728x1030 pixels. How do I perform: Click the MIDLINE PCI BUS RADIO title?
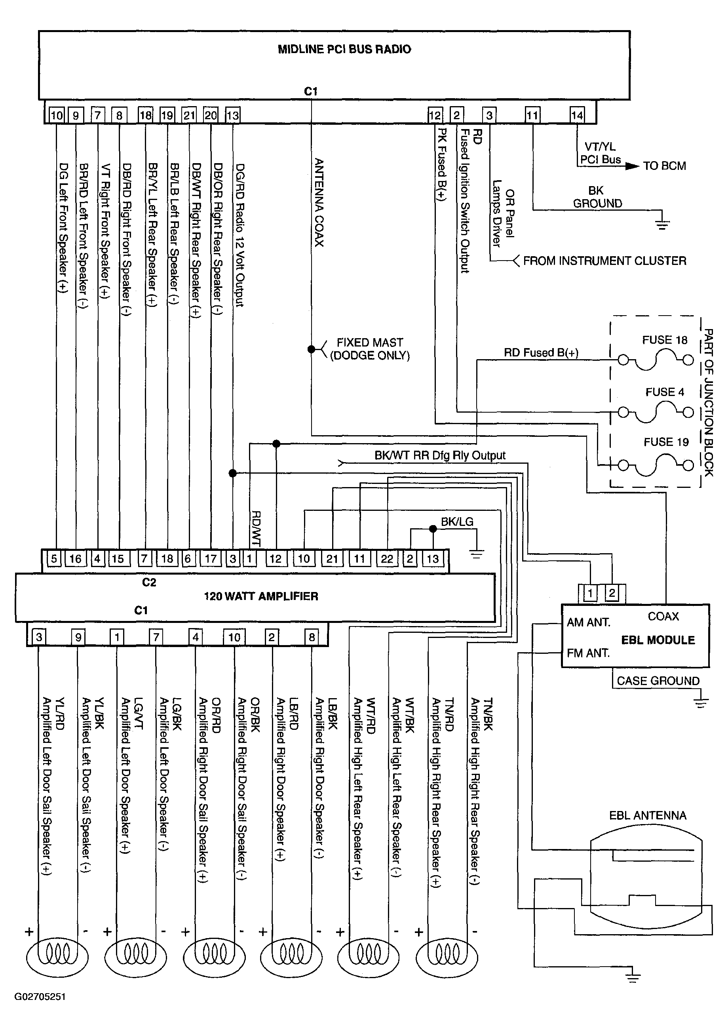click(x=344, y=50)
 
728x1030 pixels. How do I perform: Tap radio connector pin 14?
click(x=577, y=115)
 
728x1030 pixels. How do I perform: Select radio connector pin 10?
click(x=57, y=115)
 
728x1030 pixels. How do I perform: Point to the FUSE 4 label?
click(x=665, y=392)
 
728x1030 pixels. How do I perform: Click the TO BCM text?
click(x=664, y=166)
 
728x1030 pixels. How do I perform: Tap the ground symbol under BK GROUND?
click(x=662, y=224)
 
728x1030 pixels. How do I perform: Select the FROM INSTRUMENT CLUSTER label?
click(x=604, y=261)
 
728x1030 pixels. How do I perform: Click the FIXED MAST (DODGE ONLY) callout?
click(x=370, y=349)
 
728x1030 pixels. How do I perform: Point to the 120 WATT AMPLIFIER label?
click(x=261, y=596)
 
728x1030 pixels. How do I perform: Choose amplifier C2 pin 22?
click(x=387, y=559)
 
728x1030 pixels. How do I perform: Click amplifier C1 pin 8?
click(x=312, y=637)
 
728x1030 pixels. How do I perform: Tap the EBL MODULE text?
click(x=658, y=640)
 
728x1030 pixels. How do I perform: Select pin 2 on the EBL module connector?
click(x=611, y=594)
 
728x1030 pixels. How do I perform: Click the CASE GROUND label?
click(x=658, y=681)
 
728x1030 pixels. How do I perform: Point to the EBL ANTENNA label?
click(x=647, y=816)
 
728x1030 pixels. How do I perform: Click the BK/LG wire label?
click(x=457, y=522)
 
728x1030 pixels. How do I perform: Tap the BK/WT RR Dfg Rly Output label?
click(x=439, y=456)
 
